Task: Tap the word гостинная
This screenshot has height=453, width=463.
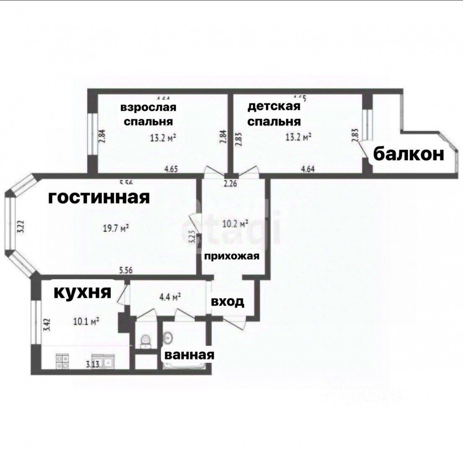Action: click(x=99, y=197)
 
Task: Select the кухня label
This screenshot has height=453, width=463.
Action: click(x=82, y=292)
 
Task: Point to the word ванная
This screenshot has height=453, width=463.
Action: click(x=189, y=355)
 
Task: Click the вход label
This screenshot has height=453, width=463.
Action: click(x=227, y=302)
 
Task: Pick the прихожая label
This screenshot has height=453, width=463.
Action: click(x=232, y=256)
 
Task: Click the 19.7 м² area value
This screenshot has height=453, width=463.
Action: click(x=116, y=229)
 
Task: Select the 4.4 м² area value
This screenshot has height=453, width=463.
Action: click(x=169, y=297)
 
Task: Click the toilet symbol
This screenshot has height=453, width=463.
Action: click(x=145, y=341)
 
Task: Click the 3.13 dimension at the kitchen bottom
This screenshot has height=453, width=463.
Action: click(x=92, y=364)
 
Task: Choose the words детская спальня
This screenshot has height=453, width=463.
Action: click(x=274, y=114)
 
